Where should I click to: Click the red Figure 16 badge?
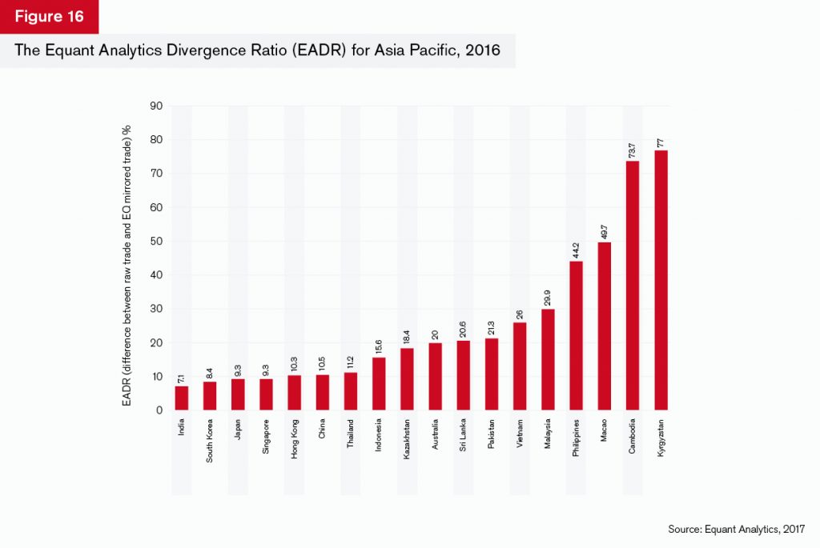49,17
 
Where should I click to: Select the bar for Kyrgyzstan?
661,280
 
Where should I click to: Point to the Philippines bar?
577,335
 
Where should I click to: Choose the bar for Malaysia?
548,359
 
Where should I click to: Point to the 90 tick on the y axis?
157,106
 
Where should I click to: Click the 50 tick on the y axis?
157,241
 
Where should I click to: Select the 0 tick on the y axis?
159,410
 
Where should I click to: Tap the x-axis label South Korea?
211,436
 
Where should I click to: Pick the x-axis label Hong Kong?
295,435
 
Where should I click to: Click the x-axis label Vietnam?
521,431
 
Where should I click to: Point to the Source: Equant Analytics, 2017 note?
736,529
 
